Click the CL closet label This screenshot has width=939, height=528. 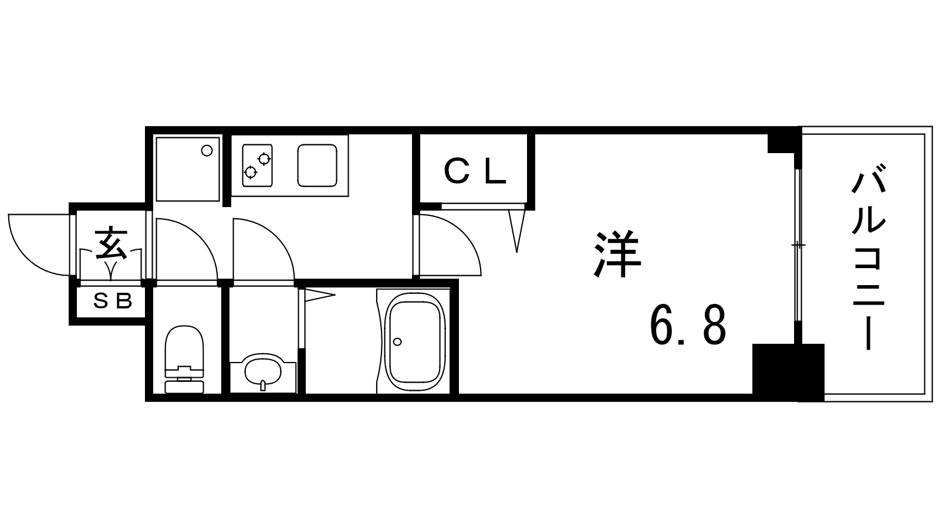pyautogui.click(x=475, y=171)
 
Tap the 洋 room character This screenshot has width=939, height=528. pyautogui.click(x=617, y=254)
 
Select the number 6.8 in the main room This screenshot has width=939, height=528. pyautogui.click(x=688, y=325)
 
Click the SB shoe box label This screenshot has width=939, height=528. pyautogui.click(x=113, y=300)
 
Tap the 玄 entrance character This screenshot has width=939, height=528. pyautogui.click(x=111, y=243)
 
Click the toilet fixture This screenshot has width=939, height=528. pyautogui.click(x=184, y=360)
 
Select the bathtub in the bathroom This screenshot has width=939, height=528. pyautogui.click(x=414, y=341)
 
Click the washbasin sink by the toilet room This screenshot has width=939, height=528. pyautogui.click(x=263, y=372)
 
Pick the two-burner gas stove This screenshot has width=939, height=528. pyautogui.click(x=258, y=165)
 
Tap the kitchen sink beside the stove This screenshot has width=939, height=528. pyautogui.click(x=317, y=165)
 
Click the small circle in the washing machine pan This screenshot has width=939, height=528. pyautogui.click(x=207, y=151)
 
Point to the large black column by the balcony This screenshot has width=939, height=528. pyautogui.click(x=788, y=373)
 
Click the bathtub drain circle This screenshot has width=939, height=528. pyautogui.click(x=397, y=341)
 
